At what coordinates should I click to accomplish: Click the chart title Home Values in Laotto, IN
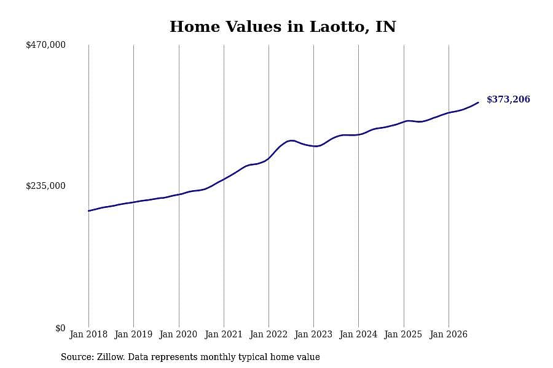point(283,27)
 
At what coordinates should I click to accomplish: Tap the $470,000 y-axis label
point(46,45)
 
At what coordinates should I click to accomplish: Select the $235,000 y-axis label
point(46,186)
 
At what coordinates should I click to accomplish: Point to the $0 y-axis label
point(60,328)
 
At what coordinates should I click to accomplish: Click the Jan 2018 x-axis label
point(88,334)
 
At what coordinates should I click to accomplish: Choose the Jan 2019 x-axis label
point(133,334)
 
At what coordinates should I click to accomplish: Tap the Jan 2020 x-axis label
point(178,334)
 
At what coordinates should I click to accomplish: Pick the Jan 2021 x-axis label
point(224,334)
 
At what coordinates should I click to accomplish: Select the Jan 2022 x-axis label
point(269,334)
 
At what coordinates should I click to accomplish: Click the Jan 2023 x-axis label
point(313,334)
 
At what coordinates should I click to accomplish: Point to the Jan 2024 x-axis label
point(358,334)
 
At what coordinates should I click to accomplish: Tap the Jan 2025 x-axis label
point(404,334)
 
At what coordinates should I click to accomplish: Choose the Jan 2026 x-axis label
point(449,334)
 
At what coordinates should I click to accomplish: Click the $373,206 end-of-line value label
point(508,99)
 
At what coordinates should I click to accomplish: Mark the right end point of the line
point(478,102)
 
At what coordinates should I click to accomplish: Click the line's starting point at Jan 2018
point(88,211)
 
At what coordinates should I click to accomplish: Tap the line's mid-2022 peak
point(291,140)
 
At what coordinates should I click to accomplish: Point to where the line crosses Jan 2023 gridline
point(313,146)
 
